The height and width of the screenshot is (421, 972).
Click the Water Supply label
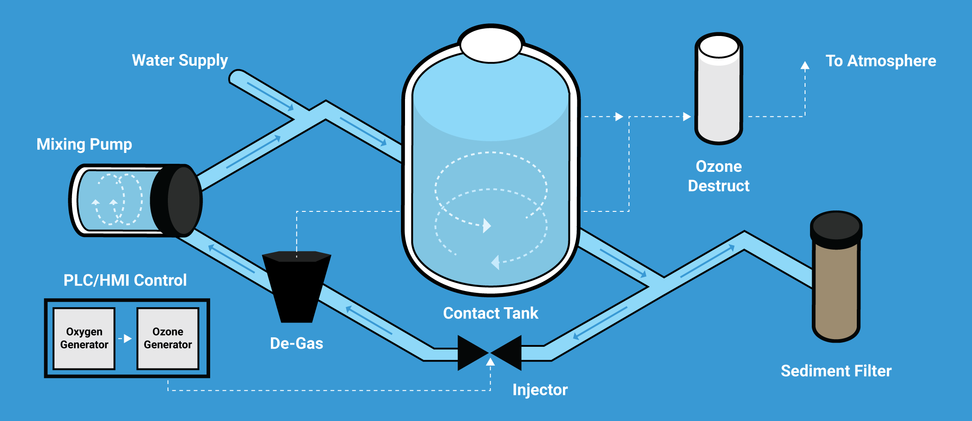(x=180, y=61)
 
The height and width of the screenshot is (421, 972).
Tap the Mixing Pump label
(x=84, y=144)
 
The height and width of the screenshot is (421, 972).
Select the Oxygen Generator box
(x=84, y=338)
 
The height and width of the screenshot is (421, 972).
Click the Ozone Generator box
(x=168, y=338)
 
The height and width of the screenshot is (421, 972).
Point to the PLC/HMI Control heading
(x=125, y=280)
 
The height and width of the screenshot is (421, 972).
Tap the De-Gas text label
(x=297, y=344)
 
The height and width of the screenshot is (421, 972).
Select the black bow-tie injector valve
(x=490, y=353)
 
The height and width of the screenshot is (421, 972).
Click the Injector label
(x=540, y=390)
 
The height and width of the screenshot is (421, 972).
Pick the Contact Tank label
(x=490, y=313)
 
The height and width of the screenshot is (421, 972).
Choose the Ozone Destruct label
(x=719, y=176)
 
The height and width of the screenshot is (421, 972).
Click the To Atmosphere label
(x=881, y=61)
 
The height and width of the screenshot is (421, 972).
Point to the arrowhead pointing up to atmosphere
(x=805, y=66)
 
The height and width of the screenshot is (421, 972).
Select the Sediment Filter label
(x=836, y=371)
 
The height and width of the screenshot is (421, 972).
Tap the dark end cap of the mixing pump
(x=178, y=201)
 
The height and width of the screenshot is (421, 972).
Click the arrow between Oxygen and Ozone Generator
(x=126, y=338)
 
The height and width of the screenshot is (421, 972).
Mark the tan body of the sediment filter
(x=836, y=292)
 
